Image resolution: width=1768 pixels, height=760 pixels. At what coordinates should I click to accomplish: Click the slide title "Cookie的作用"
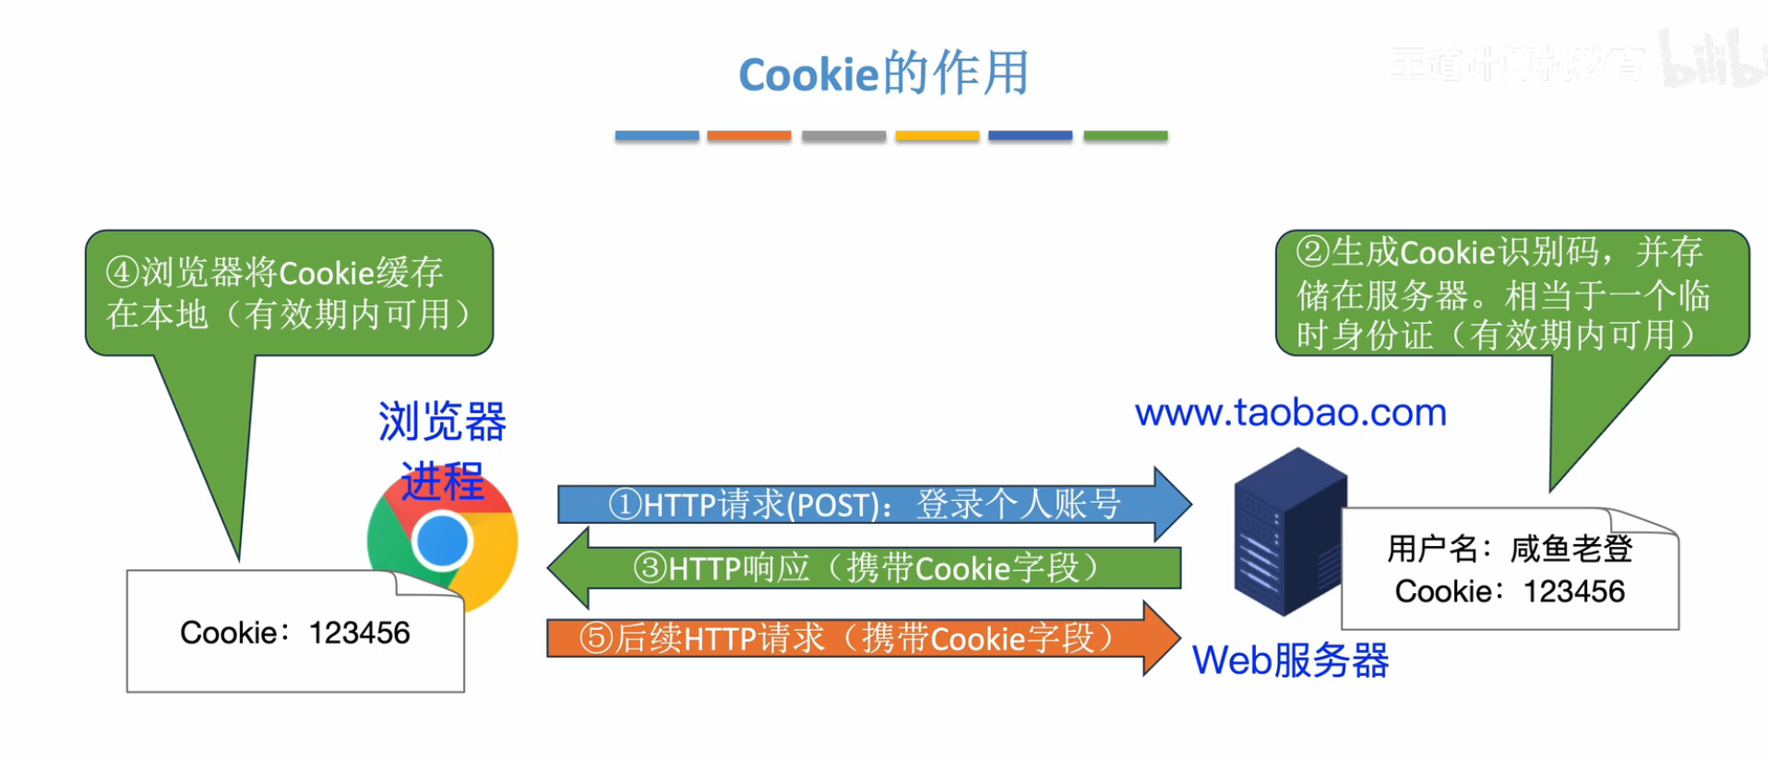click(883, 74)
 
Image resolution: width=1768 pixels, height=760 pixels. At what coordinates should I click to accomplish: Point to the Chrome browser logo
click(443, 544)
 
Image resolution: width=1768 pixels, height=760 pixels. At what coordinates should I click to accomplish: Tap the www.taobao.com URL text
click(1290, 412)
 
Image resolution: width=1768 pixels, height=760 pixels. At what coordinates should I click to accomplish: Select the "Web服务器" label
click(1290, 660)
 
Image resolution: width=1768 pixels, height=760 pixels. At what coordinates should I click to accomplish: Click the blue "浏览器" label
click(442, 422)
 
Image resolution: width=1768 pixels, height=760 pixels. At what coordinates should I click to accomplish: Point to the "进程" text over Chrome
click(442, 481)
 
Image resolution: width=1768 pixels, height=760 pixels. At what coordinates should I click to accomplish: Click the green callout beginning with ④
click(289, 293)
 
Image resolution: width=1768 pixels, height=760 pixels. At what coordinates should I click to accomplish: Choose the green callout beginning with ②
click(1511, 293)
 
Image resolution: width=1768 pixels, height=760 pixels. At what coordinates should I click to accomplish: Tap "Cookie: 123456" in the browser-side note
click(294, 633)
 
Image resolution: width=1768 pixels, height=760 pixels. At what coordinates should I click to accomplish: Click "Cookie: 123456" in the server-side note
click(1510, 591)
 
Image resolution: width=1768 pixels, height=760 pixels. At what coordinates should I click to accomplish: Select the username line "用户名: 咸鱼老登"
click(1510, 549)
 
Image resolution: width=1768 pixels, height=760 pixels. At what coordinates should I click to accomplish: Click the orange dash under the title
click(748, 136)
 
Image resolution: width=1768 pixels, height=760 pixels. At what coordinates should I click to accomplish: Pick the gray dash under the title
click(843, 136)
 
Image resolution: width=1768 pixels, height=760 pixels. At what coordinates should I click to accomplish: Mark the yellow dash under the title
click(937, 136)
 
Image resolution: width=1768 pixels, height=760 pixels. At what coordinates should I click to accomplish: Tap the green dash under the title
click(1125, 136)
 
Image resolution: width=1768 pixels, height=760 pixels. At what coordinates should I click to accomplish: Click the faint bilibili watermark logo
click(1712, 60)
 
